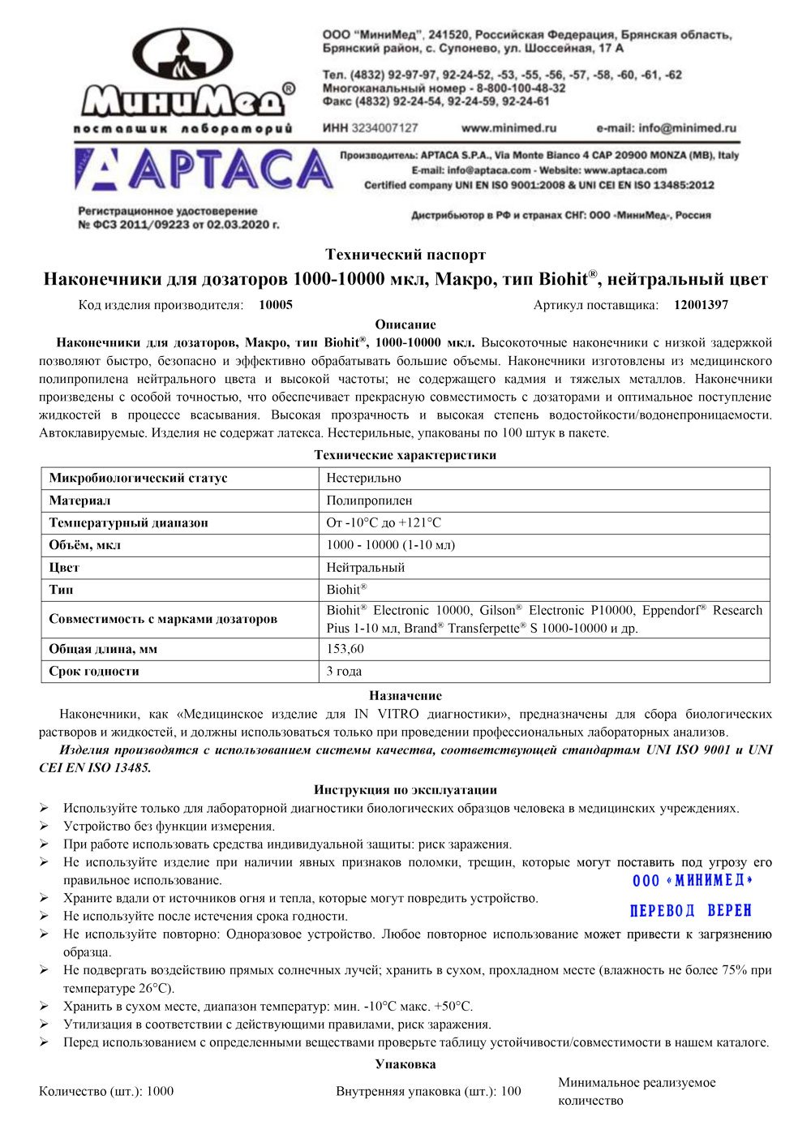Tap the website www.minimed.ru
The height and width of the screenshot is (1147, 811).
tap(508, 128)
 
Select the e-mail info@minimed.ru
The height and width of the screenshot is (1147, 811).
tap(666, 128)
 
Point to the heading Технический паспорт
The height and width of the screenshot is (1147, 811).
tap(405, 255)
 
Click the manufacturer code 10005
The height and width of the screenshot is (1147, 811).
tap(276, 305)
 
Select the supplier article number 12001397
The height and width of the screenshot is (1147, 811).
tap(701, 305)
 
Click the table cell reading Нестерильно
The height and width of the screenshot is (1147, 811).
tap(363, 479)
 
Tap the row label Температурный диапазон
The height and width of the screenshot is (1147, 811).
tap(128, 523)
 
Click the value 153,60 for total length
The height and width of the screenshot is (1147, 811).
tap(345, 649)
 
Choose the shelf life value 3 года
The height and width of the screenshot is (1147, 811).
tap(344, 672)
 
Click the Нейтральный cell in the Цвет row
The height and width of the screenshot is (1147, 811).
tap(365, 568)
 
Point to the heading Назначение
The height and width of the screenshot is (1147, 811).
tap(405, 696)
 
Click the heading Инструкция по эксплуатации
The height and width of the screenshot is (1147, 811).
tap(405, 790)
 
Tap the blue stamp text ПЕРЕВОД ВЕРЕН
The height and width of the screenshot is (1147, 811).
tap(691, 911)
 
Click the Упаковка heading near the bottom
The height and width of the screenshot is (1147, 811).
tap(405, 1064)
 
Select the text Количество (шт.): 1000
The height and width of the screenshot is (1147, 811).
tap(106, 1092)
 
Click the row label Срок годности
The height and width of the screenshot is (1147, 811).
tap(94, 672)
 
